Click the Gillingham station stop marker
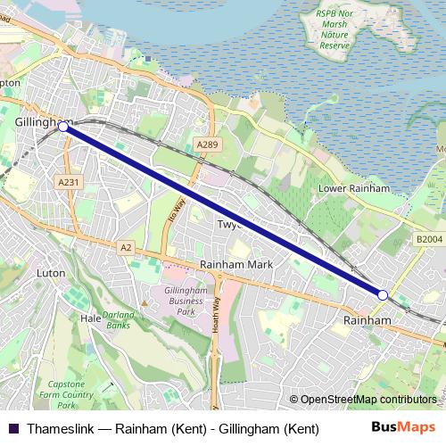pos(62,128)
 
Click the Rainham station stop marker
pos(382,294)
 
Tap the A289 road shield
pos(207,145)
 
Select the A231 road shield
pos(68,182)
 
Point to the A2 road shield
pos(126,246)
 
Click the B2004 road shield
pos(428,239)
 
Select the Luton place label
pos(53,272)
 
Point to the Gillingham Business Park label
pos(185,300)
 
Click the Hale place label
pos(90,318)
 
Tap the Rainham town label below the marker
pos(367,319)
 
